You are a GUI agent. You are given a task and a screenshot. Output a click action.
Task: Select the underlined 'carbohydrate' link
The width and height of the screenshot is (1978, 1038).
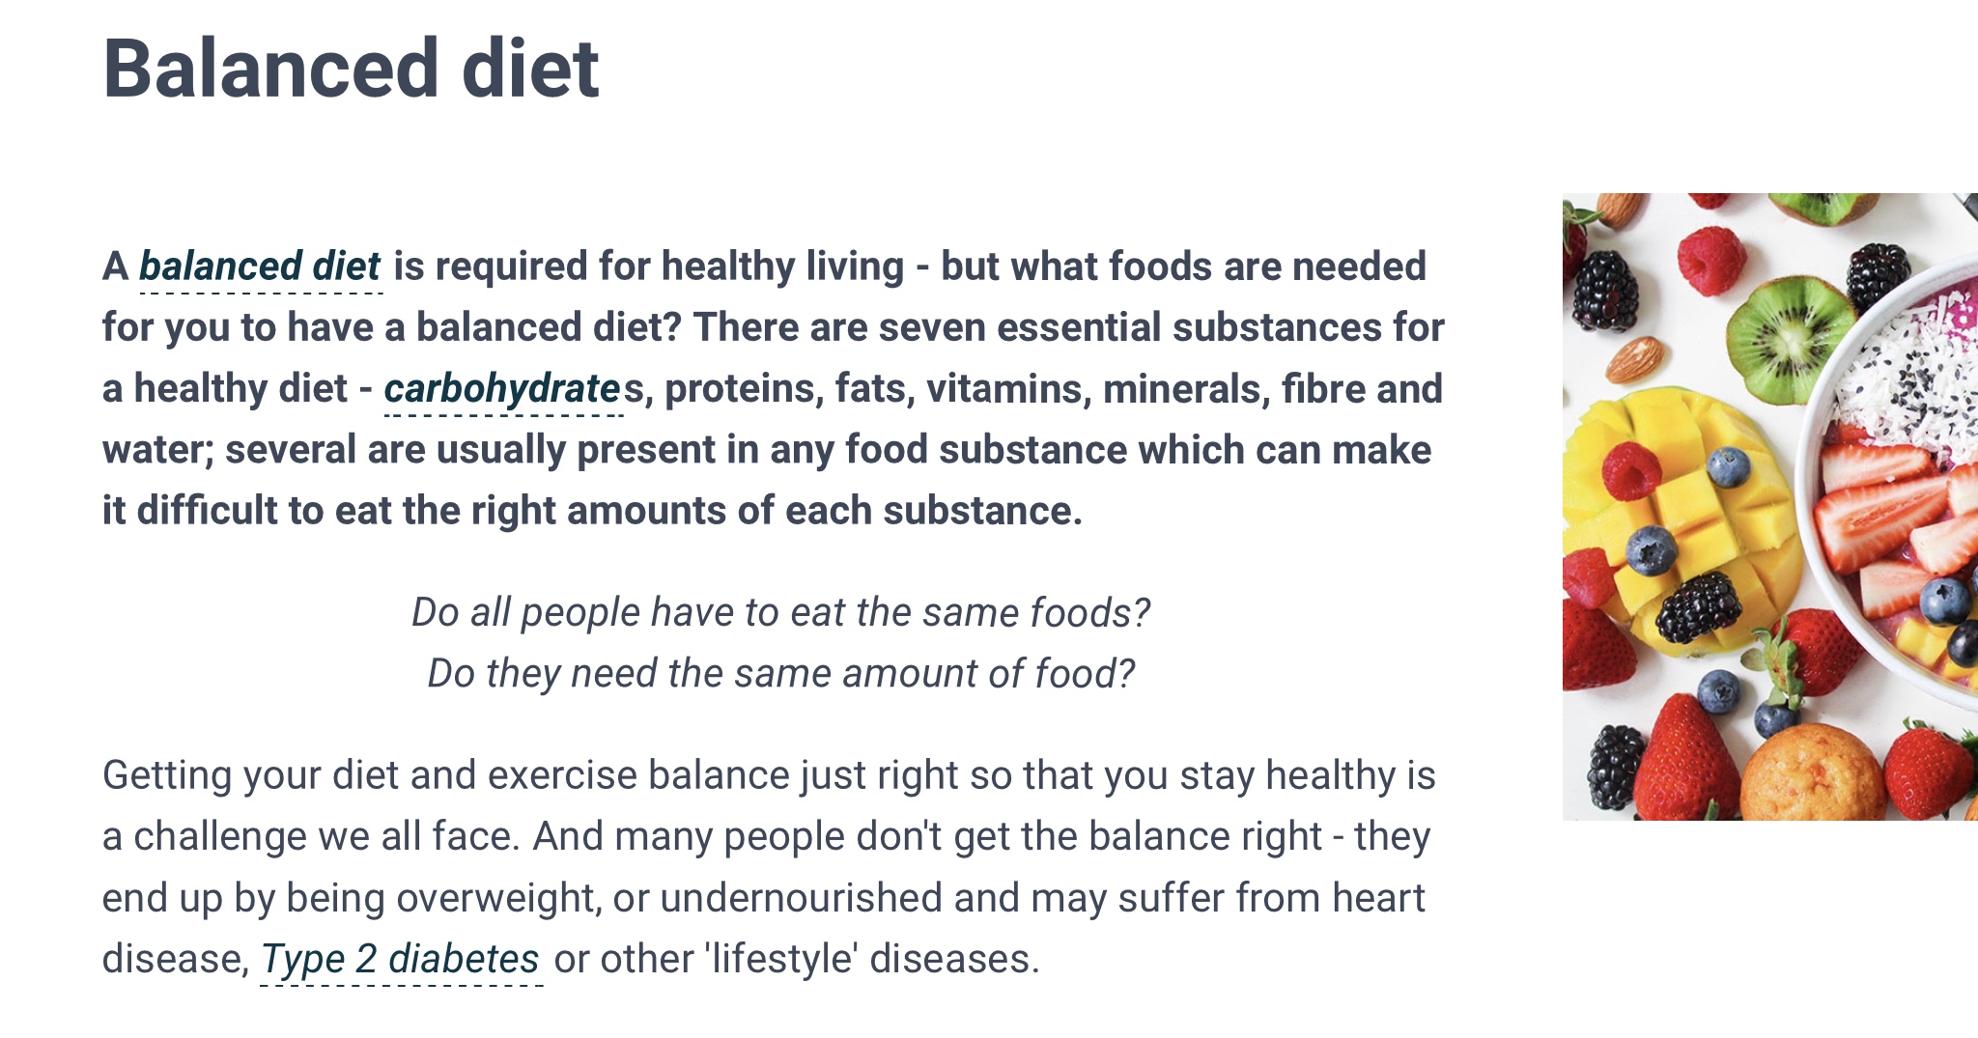click(502, 389)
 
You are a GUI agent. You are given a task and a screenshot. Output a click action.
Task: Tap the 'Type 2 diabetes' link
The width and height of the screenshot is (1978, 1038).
click(400, 959)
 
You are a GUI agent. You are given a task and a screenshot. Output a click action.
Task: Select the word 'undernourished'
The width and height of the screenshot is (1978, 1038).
click(801, 898)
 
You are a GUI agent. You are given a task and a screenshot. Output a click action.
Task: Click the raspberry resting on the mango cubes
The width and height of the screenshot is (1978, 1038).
click(1631, 470)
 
